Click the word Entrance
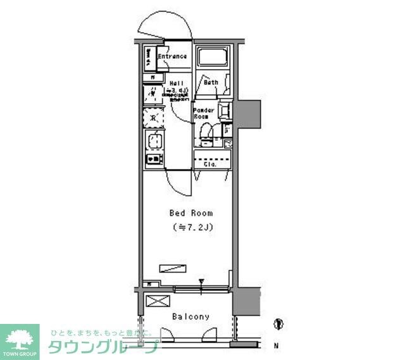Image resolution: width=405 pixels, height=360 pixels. pos(171,57)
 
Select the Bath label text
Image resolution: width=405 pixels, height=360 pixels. pos(211,82)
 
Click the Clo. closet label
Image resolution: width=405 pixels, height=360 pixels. pos(211,164)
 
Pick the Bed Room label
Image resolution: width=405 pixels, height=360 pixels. pos(190,213)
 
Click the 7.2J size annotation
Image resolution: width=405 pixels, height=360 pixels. pos(192,227)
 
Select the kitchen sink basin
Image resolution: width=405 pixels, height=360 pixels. pos(154,140)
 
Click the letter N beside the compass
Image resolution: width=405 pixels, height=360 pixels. pos(276,345)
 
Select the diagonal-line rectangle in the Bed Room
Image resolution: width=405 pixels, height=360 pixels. pos(173,268)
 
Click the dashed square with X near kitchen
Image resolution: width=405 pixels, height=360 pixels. pos(153,118)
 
